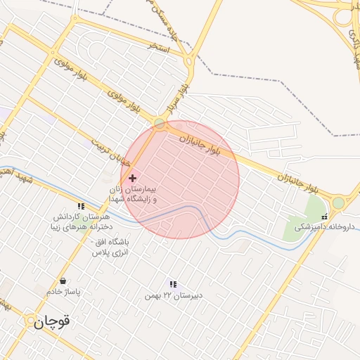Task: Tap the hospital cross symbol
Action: click(132, 178)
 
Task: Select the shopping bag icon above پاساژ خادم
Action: click(63, 281)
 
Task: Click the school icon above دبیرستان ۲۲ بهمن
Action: click(173, 284)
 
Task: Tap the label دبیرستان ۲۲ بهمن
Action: click(173, 295)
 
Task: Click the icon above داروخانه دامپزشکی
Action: click(324, 217)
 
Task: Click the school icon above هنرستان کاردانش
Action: click(82, 207)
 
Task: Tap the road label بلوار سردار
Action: click(176, 99)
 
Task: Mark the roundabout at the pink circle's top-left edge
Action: click(160, 124)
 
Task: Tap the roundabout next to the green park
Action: click(338, 203)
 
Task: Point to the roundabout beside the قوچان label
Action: click(30, 321)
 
